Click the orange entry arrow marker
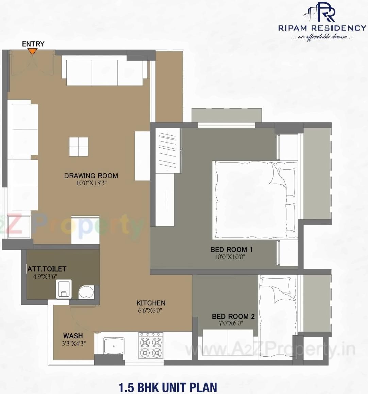32,51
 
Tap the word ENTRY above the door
33,44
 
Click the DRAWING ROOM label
91,176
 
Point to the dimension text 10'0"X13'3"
91,183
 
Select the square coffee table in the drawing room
79,147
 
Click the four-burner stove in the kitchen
151,345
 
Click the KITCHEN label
151,303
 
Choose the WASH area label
73,336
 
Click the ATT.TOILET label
47,269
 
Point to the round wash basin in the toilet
87,292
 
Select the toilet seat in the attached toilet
64,289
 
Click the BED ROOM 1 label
231,250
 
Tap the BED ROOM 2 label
233,317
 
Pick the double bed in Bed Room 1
254,200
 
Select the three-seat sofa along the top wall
104,72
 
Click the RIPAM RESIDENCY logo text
322,28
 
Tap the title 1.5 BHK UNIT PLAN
167,387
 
